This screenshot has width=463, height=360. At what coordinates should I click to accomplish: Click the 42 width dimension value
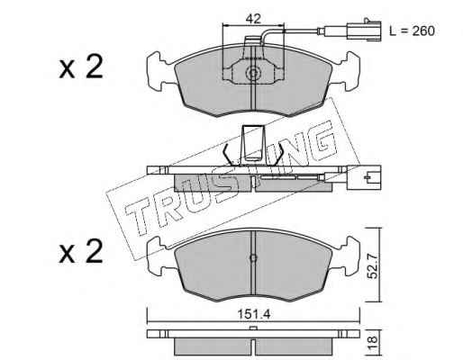tap(253, 19)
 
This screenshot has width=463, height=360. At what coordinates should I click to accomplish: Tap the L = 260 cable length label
tap(412, 31)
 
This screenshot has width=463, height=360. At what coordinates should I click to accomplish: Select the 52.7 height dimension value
tap(373, 265)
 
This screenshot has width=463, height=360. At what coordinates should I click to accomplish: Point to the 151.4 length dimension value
tap(254, 314)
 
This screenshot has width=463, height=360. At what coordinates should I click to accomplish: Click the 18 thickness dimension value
tap(372, 340)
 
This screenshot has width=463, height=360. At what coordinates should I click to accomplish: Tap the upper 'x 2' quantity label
tap(81, 67)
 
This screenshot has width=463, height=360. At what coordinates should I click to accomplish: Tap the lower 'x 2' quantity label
tap(81, 251)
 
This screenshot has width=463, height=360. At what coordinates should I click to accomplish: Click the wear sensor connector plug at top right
tap(364, 30)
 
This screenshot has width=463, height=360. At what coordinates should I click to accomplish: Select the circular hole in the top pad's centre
tap(253, 73)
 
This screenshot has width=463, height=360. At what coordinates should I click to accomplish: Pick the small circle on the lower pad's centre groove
tap(253, 257)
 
